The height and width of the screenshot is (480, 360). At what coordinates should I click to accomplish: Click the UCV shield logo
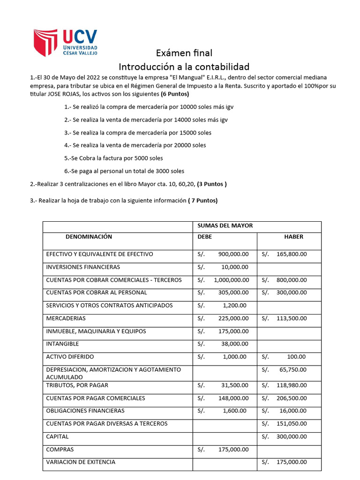[47, 43]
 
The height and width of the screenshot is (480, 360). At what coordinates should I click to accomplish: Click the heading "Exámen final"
[184, 53]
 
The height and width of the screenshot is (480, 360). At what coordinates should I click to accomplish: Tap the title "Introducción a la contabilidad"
[184, 67]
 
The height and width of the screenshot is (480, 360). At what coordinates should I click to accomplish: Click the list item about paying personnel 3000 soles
[124, 171]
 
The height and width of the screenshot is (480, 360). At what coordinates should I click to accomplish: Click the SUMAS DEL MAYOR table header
[225, 225]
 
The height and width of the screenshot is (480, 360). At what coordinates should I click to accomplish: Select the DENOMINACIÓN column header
[89, 237]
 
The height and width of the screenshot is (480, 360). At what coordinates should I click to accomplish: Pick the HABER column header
[293, 237]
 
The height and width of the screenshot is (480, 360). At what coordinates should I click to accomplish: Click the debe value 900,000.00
[233, 254]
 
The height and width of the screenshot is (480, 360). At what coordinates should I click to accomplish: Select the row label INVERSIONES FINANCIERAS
[83, 267]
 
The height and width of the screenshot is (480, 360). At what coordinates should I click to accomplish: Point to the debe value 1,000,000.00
[231, 280]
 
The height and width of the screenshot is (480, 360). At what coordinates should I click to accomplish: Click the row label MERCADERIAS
[66, 318]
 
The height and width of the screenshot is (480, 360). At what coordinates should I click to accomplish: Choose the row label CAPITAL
[57, 436]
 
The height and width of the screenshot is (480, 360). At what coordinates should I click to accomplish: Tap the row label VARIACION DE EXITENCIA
[81, 462]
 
